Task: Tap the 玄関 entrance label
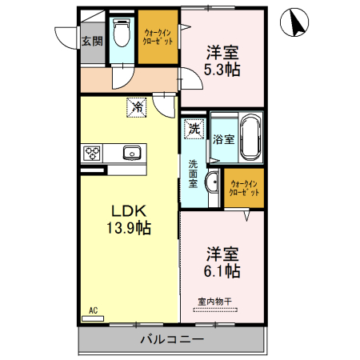point(91,42)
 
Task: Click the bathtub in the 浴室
point(250,137)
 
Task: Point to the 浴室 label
point(223,138)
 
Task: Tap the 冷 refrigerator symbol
point(137,106)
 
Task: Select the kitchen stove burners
point(91,152)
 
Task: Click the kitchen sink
point(131,152)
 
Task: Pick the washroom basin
point(211,182)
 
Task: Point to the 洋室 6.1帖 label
point(223,262)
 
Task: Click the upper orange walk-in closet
point(156,36)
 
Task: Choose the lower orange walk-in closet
point(244,188)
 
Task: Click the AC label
point(93,310)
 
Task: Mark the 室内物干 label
point(214,302)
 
